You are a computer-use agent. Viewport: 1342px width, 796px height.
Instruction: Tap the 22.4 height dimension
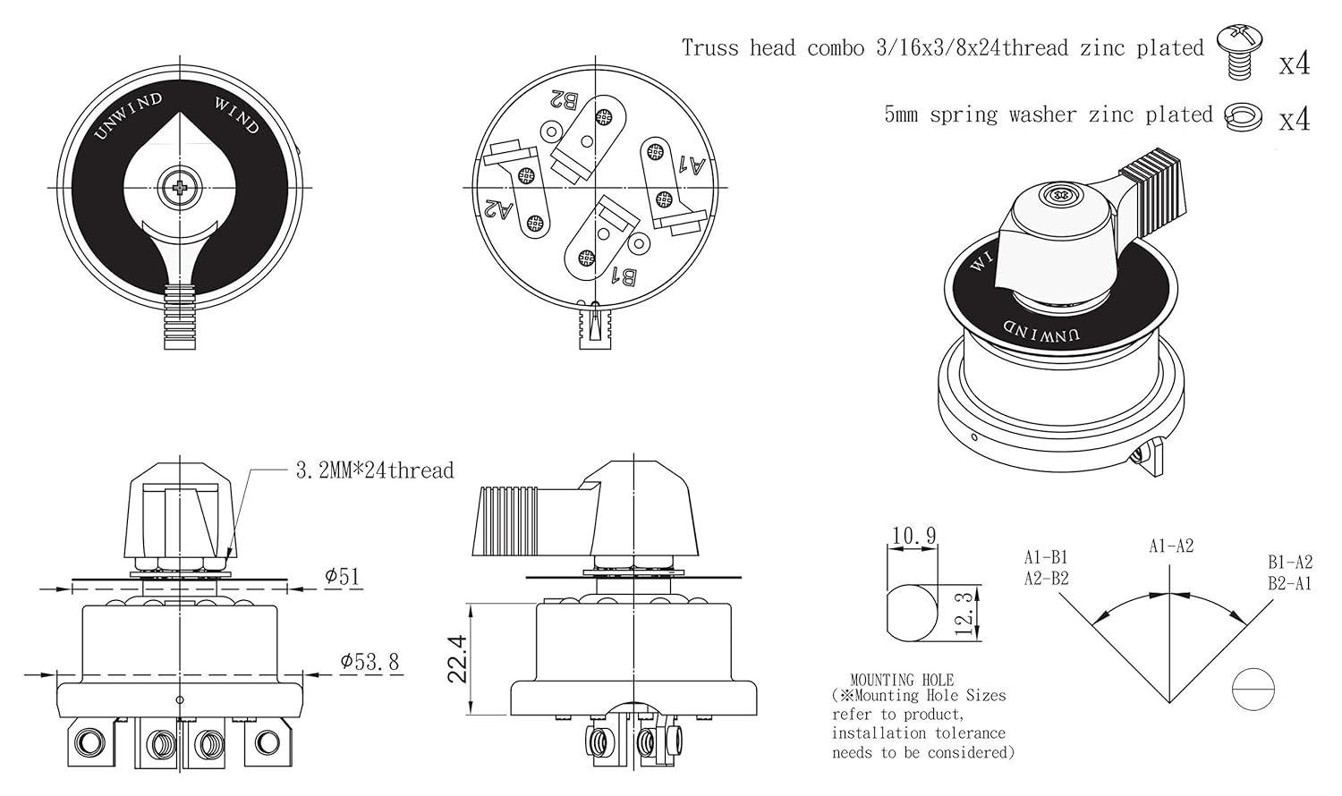click(x=458, y=659)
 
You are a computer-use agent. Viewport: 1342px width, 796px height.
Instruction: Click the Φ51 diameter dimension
click(x=343, y=576)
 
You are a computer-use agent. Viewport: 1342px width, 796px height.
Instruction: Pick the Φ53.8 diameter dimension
click(x=369, y=663)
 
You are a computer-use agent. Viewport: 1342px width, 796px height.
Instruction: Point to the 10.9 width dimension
click(x=913, y=536)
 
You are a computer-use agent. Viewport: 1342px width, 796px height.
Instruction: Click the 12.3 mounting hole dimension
click(x=963, y=613)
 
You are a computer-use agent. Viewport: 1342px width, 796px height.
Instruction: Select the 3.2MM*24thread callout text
click(x=374, y=470)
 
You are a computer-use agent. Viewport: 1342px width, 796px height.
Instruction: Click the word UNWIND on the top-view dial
click(x=128, y=116)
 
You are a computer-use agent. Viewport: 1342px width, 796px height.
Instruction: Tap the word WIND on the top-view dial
click(x=236, y=114)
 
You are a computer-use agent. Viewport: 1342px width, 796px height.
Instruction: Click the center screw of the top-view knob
click(x=182, y=187)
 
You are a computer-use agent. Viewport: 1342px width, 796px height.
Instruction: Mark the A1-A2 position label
click(x=1171, y=546)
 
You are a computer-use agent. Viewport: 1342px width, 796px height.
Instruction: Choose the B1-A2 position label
click(x=1289, y=562)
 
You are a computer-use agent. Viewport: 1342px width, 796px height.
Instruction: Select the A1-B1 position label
click(x=1046, y=557)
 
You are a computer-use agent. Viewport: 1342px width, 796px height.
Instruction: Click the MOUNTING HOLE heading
click(x=902, y=680)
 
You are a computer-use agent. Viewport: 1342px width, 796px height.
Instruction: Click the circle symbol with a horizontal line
click(x=1253, y=690)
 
